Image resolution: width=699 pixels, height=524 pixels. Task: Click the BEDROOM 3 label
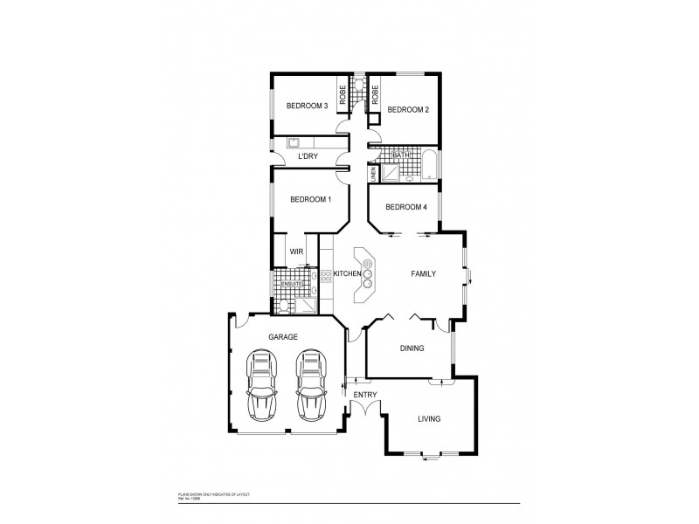(x=307, y=107)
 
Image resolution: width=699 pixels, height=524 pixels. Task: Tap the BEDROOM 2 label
(x=407, y=109)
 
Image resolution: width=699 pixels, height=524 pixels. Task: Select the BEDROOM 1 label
(x=310, y=199)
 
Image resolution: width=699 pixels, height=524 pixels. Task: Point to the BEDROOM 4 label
(x=406, y=207)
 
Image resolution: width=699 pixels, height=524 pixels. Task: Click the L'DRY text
(x=308, y=156)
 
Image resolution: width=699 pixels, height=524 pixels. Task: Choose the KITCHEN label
(x=347, y=274)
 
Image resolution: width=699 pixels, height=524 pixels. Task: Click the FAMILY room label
(x=423, y=273)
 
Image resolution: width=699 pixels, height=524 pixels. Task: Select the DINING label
(x=412, y=348)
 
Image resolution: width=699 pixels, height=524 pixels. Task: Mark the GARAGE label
(x=283, y=336)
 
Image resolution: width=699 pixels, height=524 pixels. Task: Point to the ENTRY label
(x=364, y=396)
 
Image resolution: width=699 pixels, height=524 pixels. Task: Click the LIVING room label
(x=429, y=419)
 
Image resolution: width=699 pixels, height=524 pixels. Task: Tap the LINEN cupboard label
(x=373, y=174)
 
